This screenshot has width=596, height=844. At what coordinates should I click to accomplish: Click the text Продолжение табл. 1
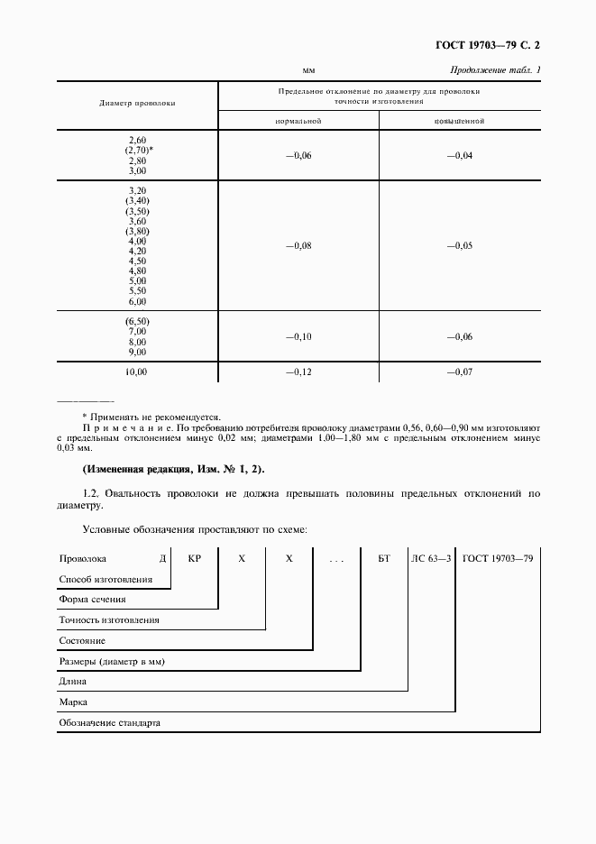coord(495,70)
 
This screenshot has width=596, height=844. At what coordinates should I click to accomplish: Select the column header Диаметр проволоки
coord(137,103)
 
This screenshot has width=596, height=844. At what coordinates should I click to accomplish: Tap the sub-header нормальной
coord(298,120)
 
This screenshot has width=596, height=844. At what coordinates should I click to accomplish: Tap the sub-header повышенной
coord(460,120)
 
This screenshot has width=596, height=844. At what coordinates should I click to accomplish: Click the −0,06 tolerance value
coord(298,156)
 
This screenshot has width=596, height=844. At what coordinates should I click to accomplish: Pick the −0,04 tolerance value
coord(460,156)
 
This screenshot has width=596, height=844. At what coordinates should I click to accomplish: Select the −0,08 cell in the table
coord(298,245)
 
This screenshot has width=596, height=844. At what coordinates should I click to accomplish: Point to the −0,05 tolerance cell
coord(460,245)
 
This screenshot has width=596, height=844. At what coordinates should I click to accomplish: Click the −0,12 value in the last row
coord(298,372)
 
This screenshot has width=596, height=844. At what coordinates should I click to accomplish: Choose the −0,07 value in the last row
coord(460,372)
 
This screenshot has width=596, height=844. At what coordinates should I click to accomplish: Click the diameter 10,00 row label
coord(137,372)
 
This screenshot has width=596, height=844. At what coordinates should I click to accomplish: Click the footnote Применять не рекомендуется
coord(151,417)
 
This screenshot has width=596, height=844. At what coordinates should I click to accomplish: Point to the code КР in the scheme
coord(194,559)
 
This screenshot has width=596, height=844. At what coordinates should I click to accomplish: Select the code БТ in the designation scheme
coord(384,559)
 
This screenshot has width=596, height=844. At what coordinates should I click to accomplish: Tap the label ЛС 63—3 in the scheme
coord(432,559)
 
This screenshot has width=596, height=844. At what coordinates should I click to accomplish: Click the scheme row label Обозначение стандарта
coord(109,722)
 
